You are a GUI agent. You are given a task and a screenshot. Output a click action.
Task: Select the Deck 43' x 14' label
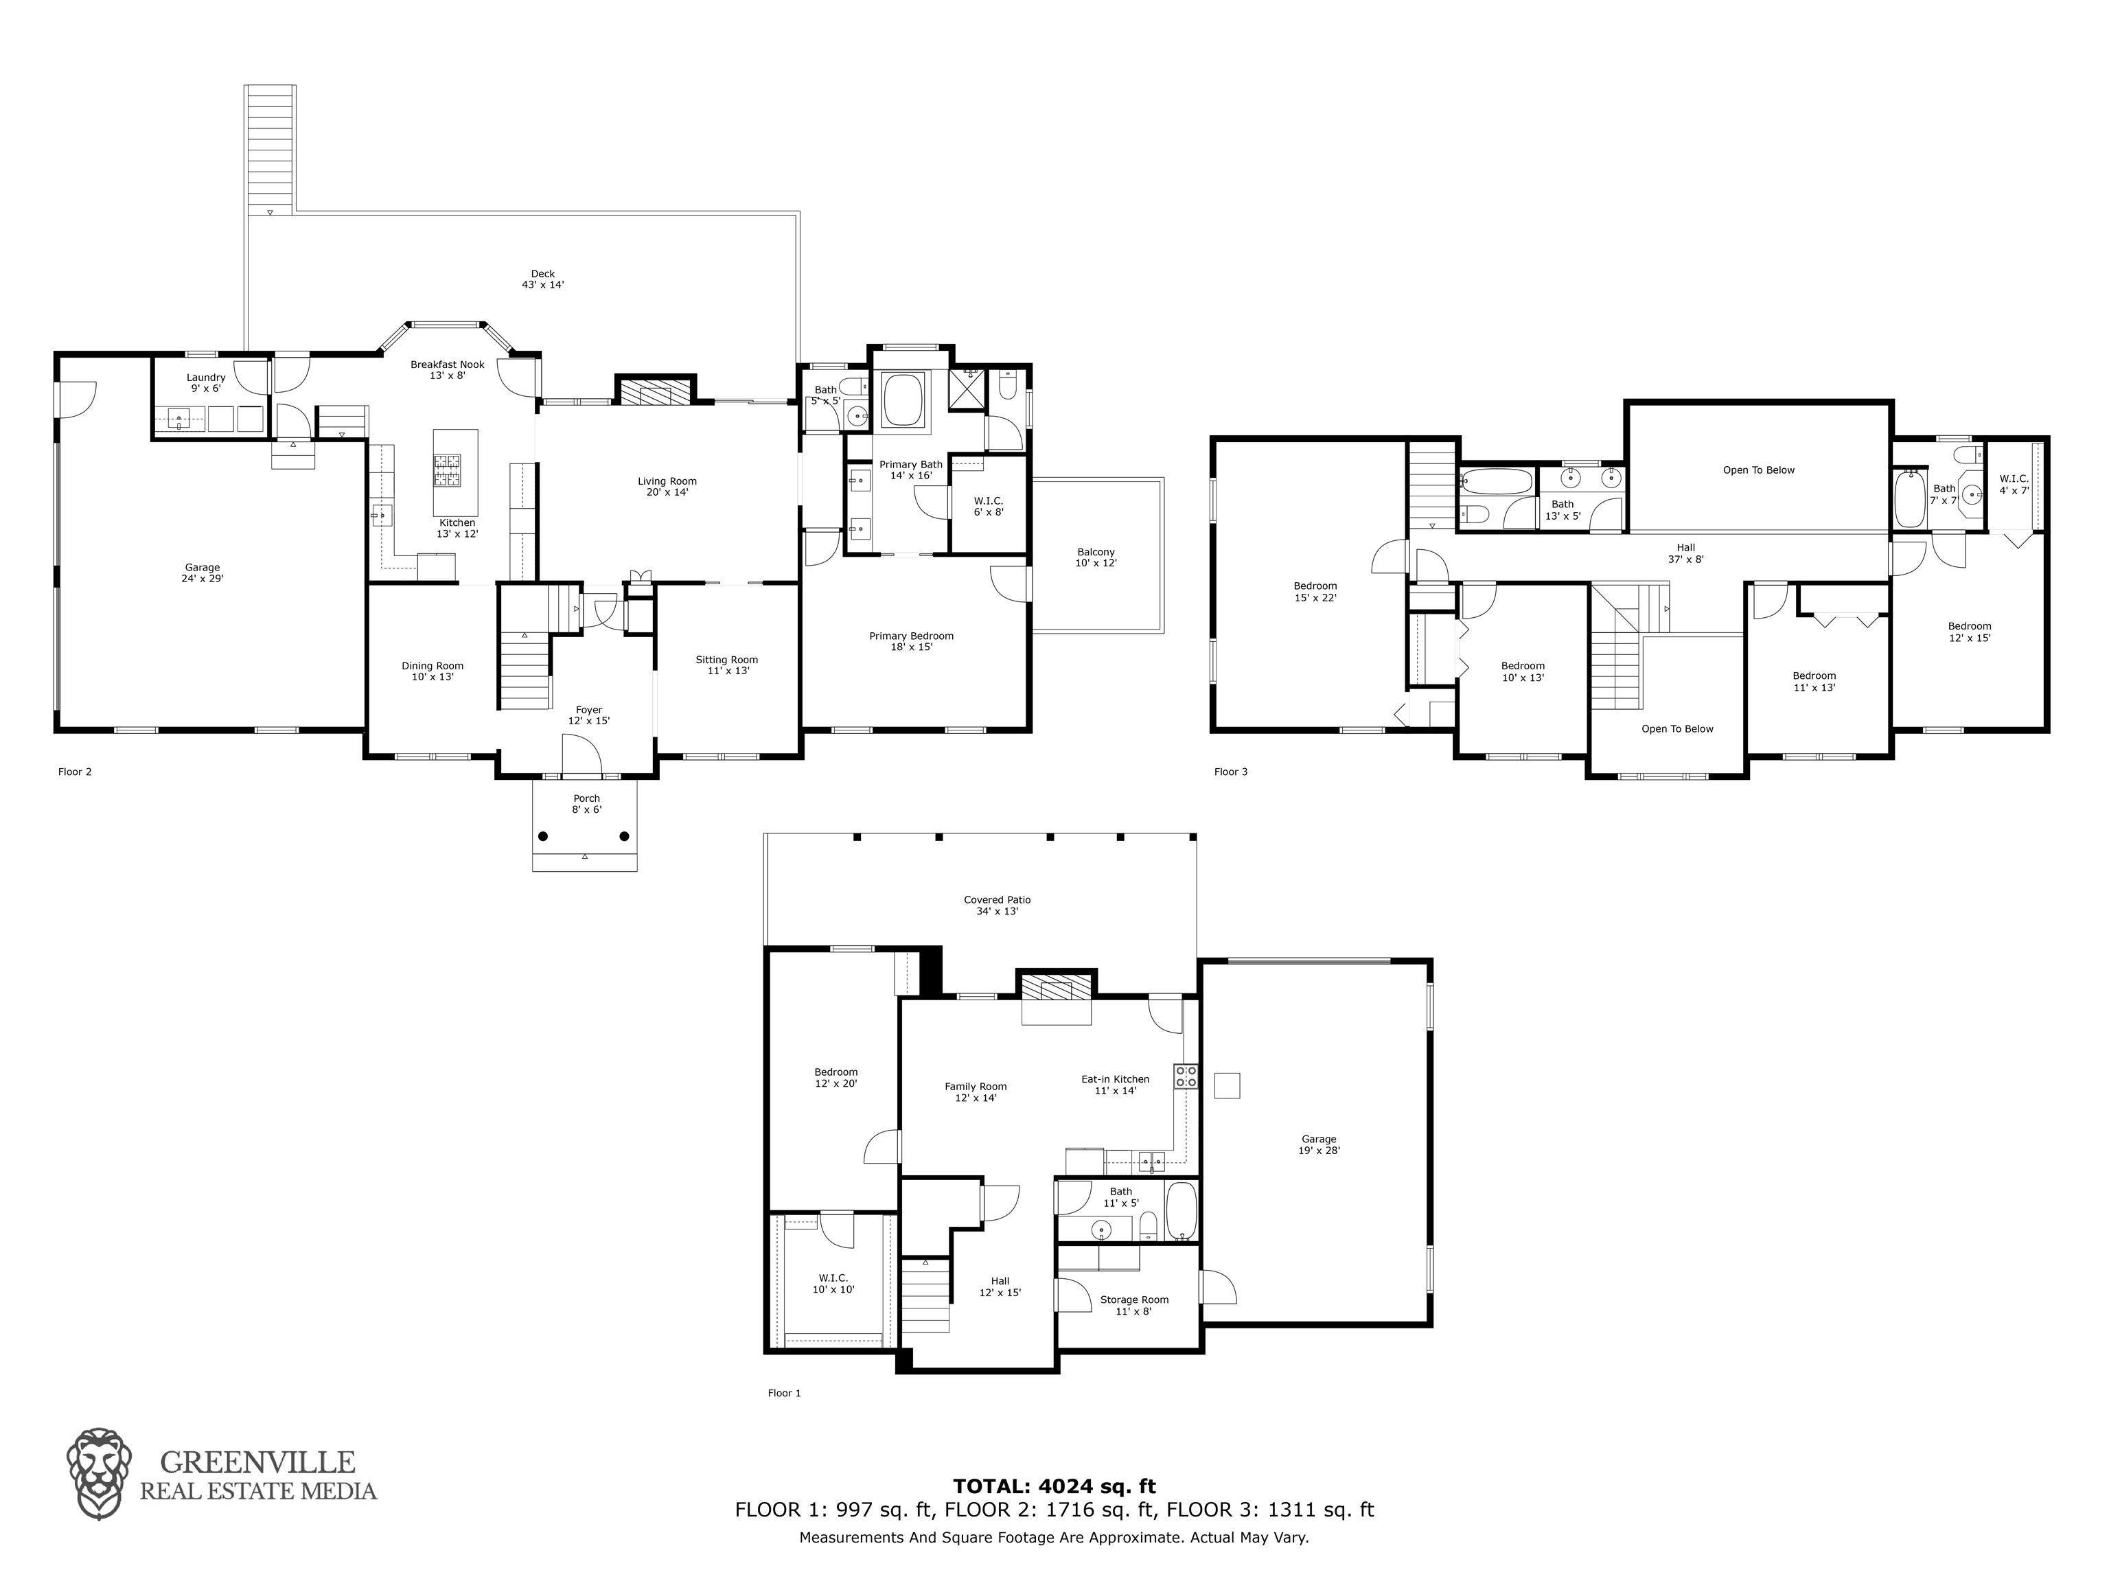542,279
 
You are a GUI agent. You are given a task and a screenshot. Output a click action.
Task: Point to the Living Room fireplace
656,393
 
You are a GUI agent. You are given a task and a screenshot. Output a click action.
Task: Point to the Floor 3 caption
1231,772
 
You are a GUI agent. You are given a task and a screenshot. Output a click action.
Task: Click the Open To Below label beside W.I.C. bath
1759,470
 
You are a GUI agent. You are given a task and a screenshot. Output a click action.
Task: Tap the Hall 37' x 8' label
1685,553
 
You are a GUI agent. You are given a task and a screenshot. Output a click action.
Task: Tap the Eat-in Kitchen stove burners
1186,1076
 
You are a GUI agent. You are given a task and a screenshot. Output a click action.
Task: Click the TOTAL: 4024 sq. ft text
1054,1486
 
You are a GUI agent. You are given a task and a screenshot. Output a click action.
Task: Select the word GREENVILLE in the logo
257,1462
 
